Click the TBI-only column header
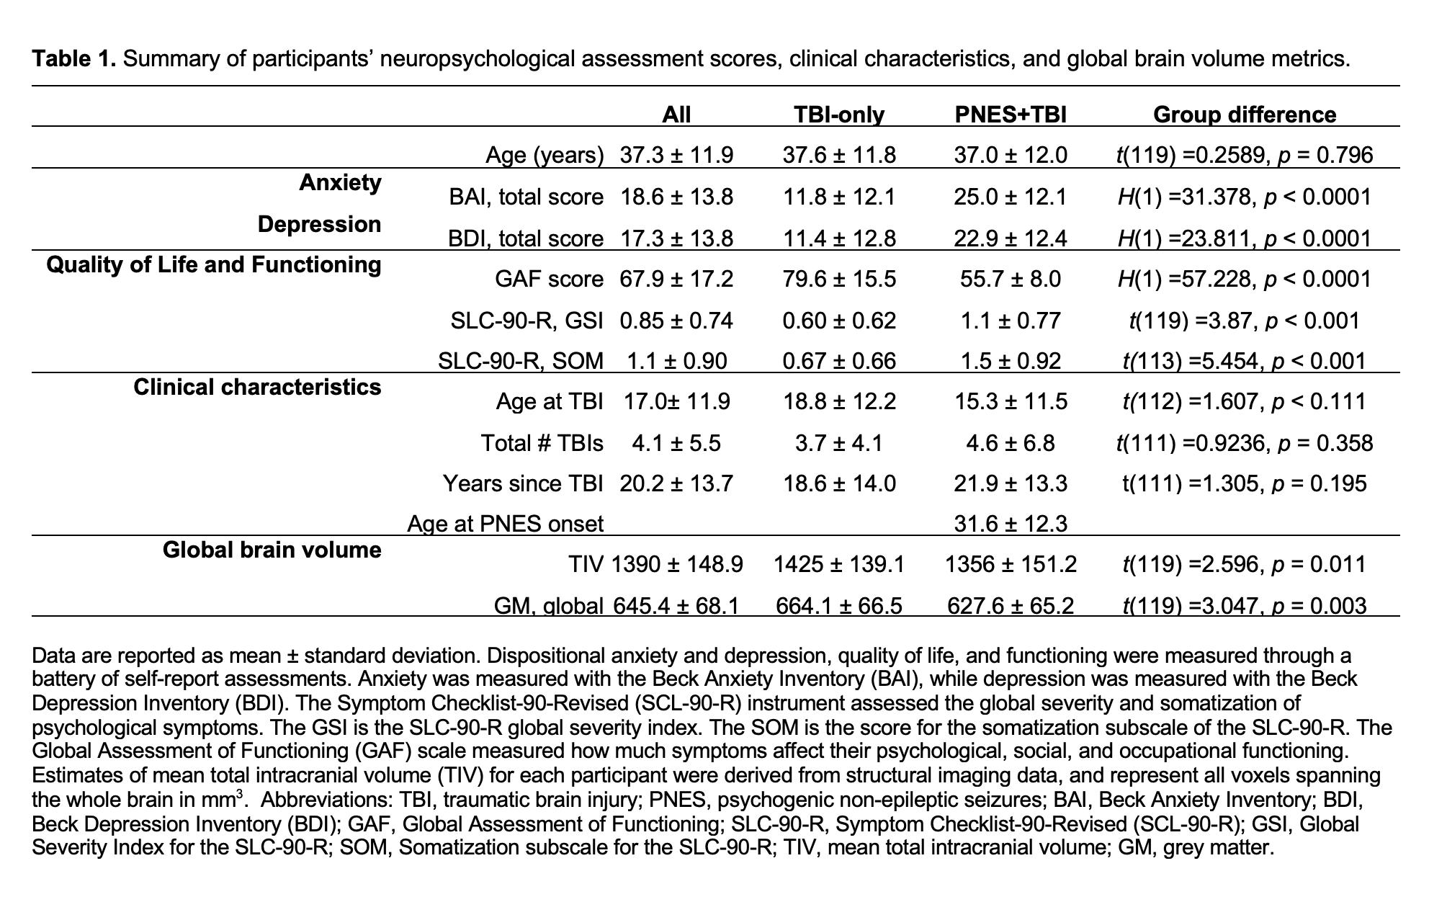tap(839, 115)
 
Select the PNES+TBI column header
tap(1010, 115)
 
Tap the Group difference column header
tap(1244, 115)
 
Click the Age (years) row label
tap(545, 155)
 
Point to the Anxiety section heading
tap(340, 183)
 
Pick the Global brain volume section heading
tap(272, 550)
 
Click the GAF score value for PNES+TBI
tap(1010, 279)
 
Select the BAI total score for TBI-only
tap(839, 197)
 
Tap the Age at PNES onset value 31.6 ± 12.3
tap(1010, 523)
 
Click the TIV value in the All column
tap(676, 564)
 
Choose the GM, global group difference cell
tap(1244, 606)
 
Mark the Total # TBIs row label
tap(542, 442)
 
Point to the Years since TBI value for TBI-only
tap(839, 483)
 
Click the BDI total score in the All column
tap(676, 238)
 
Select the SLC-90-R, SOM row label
tap(521, 360)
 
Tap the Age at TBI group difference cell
tap(1244, 401)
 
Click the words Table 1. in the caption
tap(73, 58)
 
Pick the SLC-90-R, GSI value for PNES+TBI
tap(1010, 320)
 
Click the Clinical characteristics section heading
tap(257, 388)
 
